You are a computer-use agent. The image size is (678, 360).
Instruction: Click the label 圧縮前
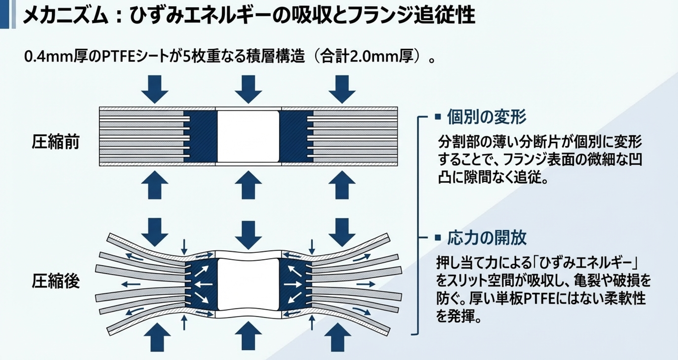56,142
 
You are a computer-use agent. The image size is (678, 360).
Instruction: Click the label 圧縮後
56,281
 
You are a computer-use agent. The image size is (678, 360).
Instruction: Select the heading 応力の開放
486,238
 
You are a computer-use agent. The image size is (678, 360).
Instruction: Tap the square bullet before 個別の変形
438,117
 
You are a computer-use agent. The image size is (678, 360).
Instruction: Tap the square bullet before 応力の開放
438,238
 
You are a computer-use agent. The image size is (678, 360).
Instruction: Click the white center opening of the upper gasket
248,136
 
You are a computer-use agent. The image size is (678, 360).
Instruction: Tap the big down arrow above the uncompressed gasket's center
248,89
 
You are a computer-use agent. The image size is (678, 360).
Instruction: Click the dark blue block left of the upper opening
200,136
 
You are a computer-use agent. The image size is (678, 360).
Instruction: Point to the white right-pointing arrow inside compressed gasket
293,284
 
